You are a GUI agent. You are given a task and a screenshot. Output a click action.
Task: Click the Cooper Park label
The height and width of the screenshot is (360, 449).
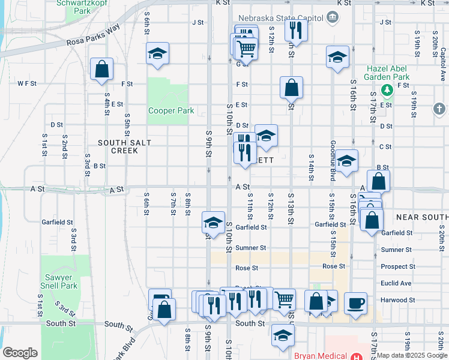pyautogui.click(x=171, y=110)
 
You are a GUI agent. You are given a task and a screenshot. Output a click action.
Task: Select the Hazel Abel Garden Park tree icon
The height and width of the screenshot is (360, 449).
pyautogui.click(x=388, y=90)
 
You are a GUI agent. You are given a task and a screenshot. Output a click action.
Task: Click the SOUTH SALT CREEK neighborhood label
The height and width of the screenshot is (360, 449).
pyautogui.click(x=124, y=146)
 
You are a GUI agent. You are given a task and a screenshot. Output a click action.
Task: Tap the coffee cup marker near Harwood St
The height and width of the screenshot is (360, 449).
pyautogui.click(x=356, y=303)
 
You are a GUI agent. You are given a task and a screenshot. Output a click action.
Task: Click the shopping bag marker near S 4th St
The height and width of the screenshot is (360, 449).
pyautogui.click(x=101, y=68)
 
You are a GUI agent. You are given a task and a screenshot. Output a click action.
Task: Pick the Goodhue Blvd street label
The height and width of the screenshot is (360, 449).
pyautogui.click(x=332, y=162)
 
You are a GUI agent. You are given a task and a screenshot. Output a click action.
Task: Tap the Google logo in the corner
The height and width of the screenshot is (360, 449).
pyautogui.click(x=20, y=352)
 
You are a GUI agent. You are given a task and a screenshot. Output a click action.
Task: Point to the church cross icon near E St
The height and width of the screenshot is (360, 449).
pyautogui.click(x=439, y=109)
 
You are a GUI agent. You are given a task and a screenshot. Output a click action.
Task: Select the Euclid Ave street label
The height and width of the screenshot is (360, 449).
pyautogui.click(x=396, y=283)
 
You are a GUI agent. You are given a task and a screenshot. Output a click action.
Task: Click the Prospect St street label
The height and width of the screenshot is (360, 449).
pyautogui.click(x=397, y=266)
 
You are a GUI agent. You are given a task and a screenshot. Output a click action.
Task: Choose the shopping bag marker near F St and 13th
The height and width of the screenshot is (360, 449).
pyautogui.click(x=291, y=88)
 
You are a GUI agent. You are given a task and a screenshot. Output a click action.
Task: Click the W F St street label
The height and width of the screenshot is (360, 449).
pyautogui.click(x=27, y=83)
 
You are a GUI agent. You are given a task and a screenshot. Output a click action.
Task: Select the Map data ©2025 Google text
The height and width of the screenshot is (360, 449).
pyautogui.click(x=412, y=355)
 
